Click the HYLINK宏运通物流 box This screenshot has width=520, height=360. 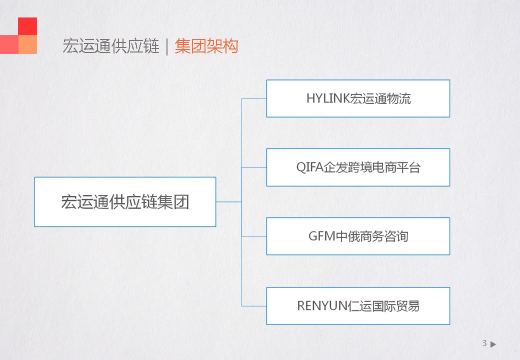point(358,98)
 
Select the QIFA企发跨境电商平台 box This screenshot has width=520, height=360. point(358,167)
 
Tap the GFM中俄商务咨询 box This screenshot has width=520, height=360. point(358,236)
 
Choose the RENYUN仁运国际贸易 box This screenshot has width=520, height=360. point(358,306)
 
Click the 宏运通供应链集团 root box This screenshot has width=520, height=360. point(125,202)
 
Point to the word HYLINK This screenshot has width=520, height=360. point(328,98)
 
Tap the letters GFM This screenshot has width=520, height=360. point(322,236)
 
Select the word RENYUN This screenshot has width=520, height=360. point(322,306)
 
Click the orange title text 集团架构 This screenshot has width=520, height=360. point(206,46)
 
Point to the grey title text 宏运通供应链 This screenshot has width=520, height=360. point(111,46)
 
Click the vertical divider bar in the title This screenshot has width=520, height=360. point(167,46)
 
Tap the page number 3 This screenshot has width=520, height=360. point(484,343)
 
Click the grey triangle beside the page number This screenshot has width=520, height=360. point(493,344)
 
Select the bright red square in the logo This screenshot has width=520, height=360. point(27,26)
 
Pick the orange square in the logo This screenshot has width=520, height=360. point(27,44)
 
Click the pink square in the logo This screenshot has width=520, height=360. point(9,44)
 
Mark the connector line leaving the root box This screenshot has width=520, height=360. point(229,202)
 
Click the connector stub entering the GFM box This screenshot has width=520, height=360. point(254,236)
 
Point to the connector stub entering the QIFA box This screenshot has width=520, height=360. point(254,167)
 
